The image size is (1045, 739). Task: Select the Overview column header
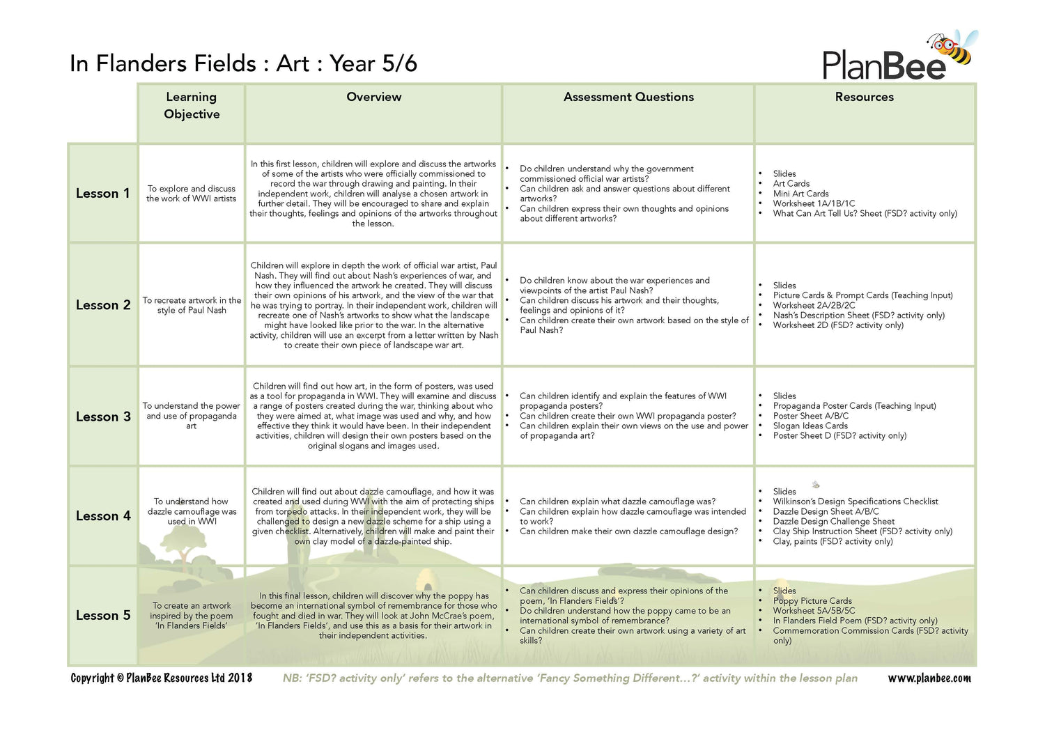pyautogui.click(x=374, y=97)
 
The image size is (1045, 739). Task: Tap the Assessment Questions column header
pyautogui.click(x=628, y=97)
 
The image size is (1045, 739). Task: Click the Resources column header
pyautogui.click(x=864, y=97)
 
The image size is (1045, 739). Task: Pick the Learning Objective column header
pyautogui.click(x=192, y=105)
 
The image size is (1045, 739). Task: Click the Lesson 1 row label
pyautogui.click(x=103, y=194)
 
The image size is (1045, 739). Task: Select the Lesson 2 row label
pyautogui.click(x=103, y=305)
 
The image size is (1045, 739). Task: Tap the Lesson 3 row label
pyautogui.click(x=103, y=417)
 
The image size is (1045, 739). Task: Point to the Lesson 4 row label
pyautogui.click(x=103, y=516)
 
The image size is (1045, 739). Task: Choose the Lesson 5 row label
pyautogui.click(x=103, y=616)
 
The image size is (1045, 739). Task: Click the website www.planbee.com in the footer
pyautogui.click(x=929, y=678)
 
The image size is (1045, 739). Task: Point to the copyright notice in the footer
pyautogui.click(x=161, y=678)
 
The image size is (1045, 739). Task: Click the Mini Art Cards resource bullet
pyautogui.click(x=800, y=194)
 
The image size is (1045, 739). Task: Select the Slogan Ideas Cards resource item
pyautogui.click(x=810, y=426)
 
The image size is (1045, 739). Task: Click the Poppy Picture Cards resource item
pyautogui.click(x=812, y=600)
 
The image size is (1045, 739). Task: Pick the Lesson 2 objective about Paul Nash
pyautogui.click(x=192, y=305)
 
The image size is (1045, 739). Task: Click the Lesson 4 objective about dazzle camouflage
pyautogui.click(x=192, y=511)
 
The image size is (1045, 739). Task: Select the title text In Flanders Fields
pyautogui.click(x=163, y=63)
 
